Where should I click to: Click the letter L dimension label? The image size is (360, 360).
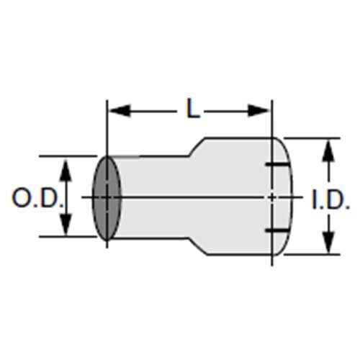point(190,109)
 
